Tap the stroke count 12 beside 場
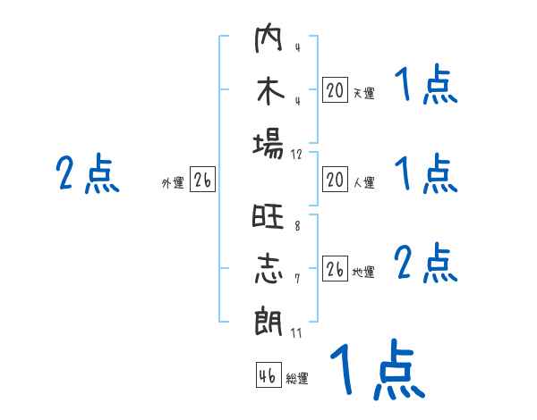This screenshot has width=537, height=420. pos(297,154)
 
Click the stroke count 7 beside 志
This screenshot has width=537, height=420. pos(297,279)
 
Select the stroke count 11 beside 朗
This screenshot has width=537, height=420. pos(297,332)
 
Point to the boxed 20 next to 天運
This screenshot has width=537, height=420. pos(335,90)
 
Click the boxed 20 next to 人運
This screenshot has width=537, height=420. pos(335,181)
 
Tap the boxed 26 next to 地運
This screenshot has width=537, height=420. pos(335,270)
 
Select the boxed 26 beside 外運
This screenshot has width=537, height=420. pos(202,181)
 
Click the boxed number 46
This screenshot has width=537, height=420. pos(268,376)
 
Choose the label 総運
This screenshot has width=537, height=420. pos(297,379)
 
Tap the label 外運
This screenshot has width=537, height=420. pos(173,183)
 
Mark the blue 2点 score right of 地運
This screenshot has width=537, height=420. pos(426,264)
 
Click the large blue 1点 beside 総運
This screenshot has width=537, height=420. pos(376,369)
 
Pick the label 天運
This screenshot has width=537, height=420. pos(363,93)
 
